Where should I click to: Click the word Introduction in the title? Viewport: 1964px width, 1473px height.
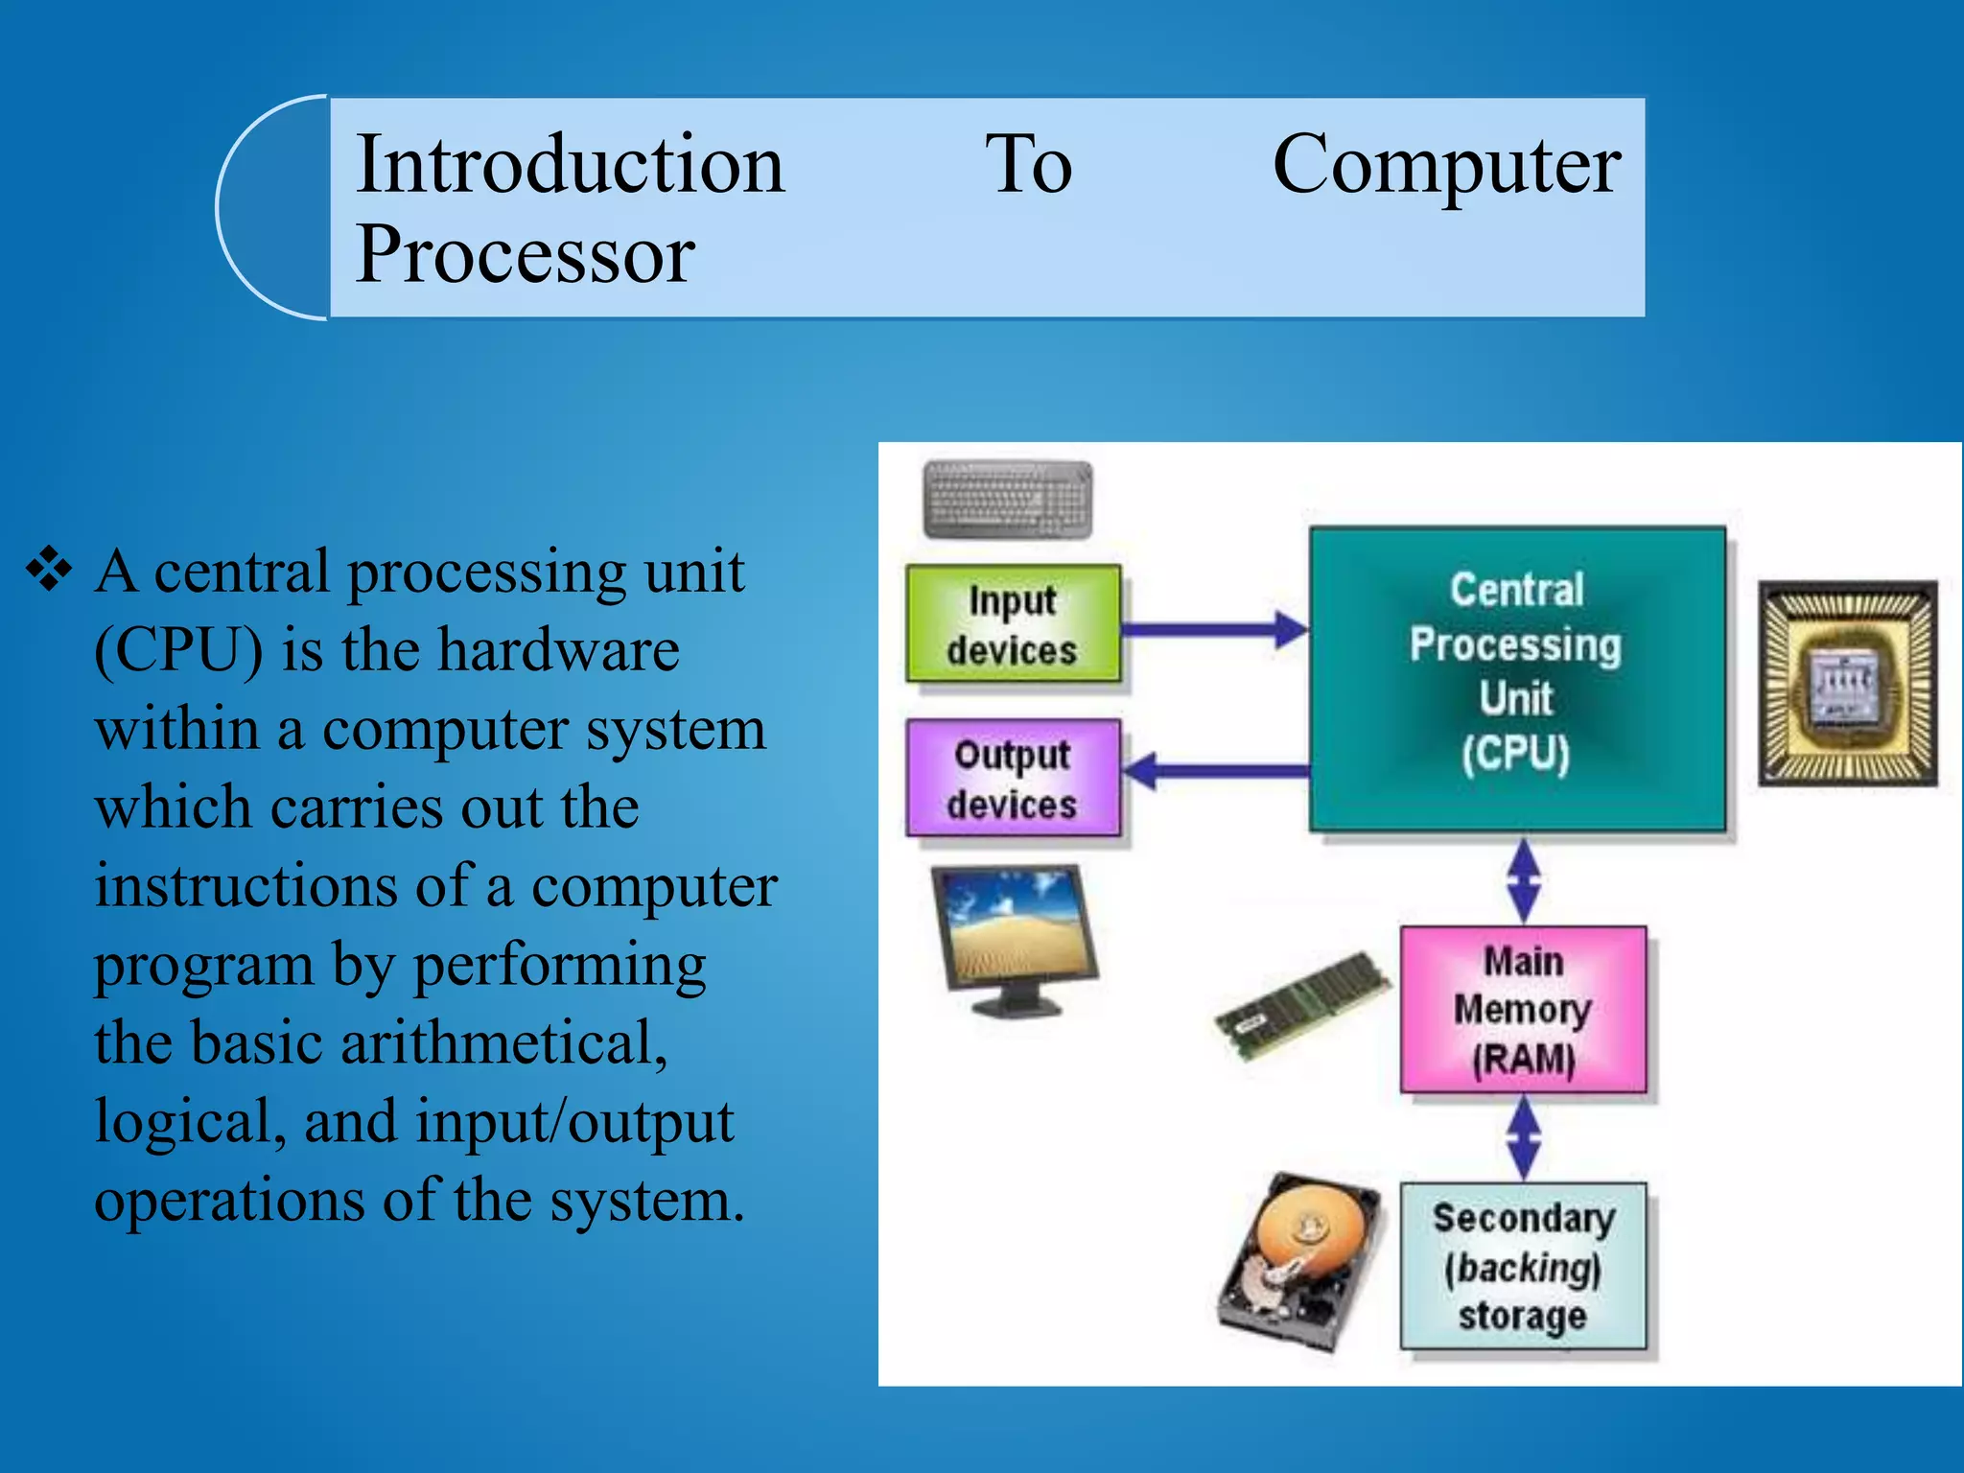[570, 165]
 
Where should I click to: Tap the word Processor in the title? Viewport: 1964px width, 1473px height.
[525, 254]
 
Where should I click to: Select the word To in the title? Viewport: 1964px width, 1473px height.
[1028, 165]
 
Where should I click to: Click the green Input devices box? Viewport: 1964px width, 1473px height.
[1013, 624]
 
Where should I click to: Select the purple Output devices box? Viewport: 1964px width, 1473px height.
[1013, 778]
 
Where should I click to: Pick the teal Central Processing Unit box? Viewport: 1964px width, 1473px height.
[1516, 677]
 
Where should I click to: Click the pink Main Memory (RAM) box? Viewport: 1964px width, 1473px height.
[1523, 1009]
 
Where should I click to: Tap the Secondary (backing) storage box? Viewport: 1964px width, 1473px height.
[1523, 1266]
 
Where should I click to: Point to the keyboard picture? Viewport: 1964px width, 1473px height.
[1007, 499]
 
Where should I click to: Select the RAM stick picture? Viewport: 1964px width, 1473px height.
[1302, 1007]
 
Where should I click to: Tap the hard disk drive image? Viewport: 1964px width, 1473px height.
[1300, 1261]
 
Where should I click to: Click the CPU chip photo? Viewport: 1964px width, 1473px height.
[1847, 683]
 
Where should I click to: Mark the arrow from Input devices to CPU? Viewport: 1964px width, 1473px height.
[1214, 630]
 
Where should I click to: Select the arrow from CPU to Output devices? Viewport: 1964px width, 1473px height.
[1214, 770]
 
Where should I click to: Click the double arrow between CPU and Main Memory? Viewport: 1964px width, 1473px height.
[1523, 879]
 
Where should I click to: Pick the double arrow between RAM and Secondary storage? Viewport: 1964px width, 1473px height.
[1523, 1138]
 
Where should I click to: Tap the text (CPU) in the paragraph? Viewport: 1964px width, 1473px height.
[178, 651]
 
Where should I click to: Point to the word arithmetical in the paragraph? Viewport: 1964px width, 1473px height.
[503, 1043]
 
